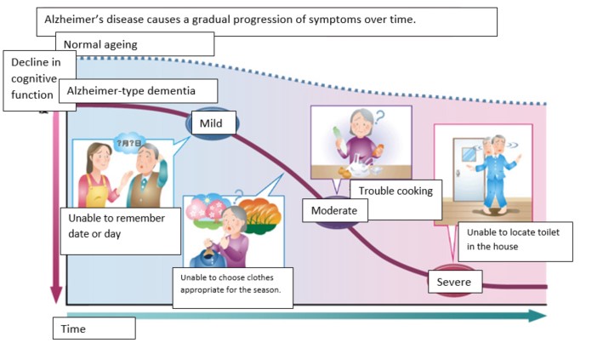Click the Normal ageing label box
[x=135, y=43]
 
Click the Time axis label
[x=94, y=329]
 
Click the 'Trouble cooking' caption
[x=396, y=191]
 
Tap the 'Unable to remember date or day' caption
[x=121, y=226]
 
